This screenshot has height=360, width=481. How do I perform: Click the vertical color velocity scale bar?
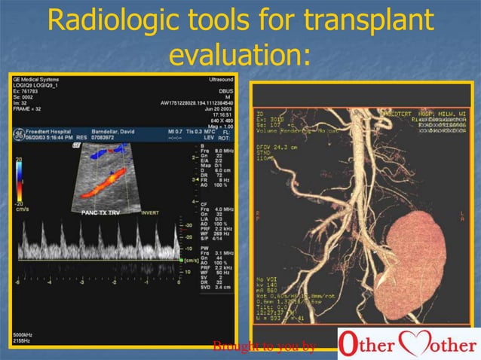[x=20, y=181]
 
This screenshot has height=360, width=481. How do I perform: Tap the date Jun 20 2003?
[x=218, y=108]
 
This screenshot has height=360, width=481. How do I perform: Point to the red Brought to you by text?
[x=263, y=346]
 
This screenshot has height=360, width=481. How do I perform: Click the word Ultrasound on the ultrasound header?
[x=219, y=78]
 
